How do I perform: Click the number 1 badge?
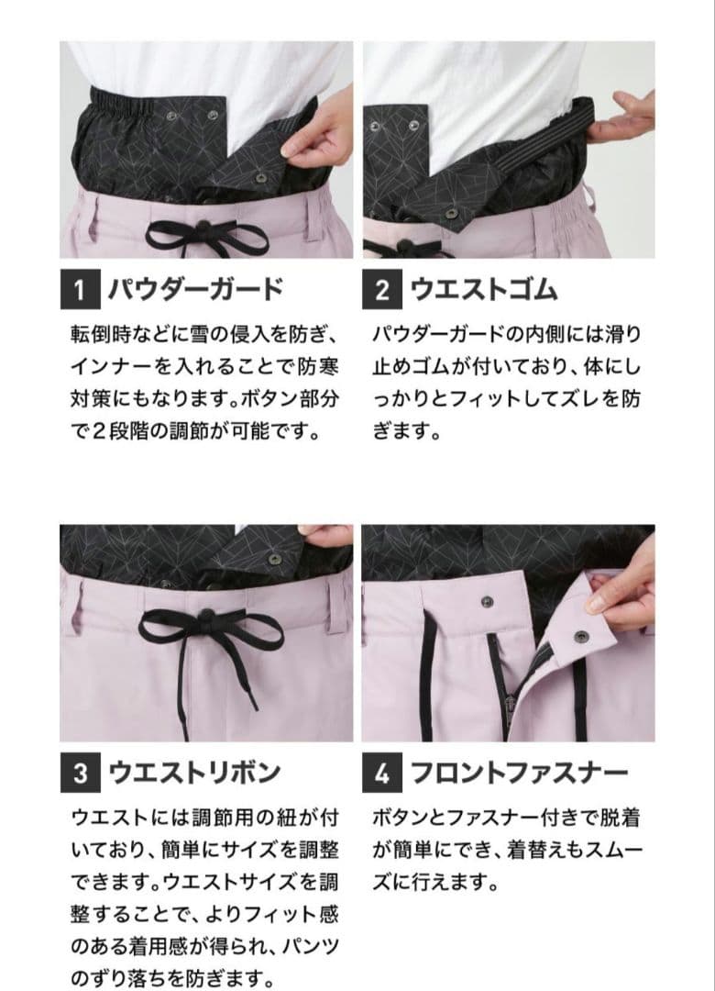pos(80,291)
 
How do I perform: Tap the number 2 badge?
pos(382,291)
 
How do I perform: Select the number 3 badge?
pos(80,774)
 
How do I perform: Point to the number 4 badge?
pos(382,774)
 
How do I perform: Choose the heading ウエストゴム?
pos(483,291)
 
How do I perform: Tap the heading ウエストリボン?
pos(193,774)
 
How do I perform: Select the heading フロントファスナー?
pos(518,774)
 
